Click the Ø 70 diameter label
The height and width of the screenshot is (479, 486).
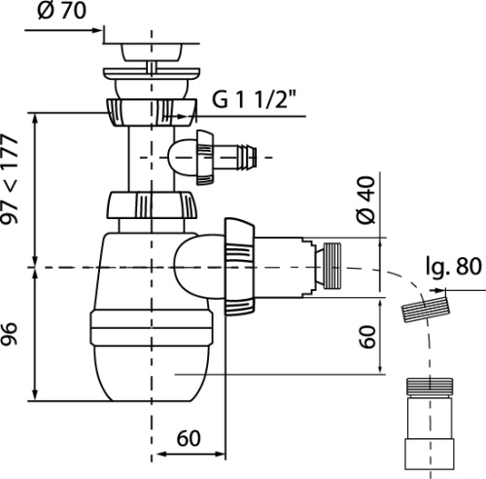coord(61,11)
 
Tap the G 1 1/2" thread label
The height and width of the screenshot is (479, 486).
coord(254,99)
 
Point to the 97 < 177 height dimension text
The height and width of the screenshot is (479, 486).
coord(10,179)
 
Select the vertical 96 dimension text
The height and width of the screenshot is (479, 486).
coord(9,334)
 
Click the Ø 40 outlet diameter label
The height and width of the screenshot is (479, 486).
coord(366,200)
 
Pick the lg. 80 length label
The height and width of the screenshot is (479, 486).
coord(454,267)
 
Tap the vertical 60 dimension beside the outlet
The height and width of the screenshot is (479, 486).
coord(367,337)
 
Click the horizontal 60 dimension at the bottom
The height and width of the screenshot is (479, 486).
coord(189,438)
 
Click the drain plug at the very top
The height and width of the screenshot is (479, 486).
coord(151,52)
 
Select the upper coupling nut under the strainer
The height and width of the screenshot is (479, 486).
coord(151,113)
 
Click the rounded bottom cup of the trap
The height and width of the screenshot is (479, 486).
coord(151,373)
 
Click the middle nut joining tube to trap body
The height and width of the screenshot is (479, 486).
coord(152,205)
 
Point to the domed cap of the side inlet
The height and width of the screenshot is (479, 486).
coord(183,157)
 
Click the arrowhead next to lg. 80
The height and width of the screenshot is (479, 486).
coord(439,290)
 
